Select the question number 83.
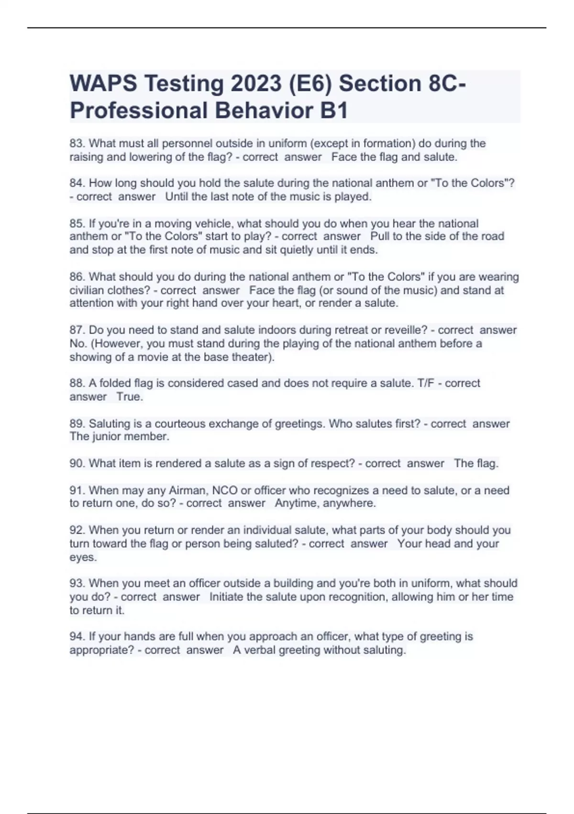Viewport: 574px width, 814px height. tap(77, 144)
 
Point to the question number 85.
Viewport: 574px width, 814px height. tap(77, 224)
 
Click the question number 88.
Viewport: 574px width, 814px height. tap(77, 383)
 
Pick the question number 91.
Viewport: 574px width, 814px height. tap(77, 490)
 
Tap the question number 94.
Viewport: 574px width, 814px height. tap(77, 636)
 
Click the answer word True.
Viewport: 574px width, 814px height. tap(130, 397)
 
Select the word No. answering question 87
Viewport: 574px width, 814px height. tap(77, 344)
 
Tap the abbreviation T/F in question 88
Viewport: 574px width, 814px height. tap(423, 383)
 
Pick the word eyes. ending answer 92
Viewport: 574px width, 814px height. tap(83, 557)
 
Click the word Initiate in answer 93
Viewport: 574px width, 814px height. tap(226, 597)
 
